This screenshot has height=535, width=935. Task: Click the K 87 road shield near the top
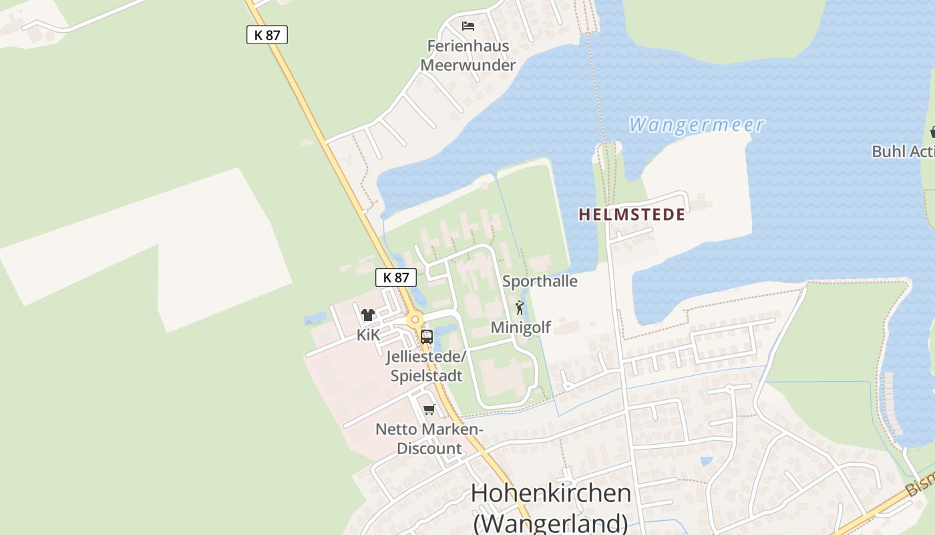267,35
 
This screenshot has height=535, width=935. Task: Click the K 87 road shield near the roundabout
396,278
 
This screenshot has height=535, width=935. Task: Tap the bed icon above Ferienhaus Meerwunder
468,26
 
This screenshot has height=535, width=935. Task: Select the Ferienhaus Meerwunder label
468,56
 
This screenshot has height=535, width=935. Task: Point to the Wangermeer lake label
697,124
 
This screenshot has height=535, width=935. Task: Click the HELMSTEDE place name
632,215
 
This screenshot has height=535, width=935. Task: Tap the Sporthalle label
540,281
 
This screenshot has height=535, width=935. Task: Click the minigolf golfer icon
520,308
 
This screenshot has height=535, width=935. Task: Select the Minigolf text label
521,327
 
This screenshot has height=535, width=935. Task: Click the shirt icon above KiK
368,315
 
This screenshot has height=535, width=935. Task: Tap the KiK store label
368,334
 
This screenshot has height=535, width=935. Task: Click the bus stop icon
426,336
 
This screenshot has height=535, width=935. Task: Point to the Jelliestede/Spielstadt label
426,366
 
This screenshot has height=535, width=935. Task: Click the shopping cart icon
429,409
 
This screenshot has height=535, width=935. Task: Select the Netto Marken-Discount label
429,439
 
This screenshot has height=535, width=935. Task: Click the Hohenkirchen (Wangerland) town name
551,507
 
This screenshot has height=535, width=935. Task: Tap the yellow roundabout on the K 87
415,320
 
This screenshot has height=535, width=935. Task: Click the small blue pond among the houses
706,461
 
